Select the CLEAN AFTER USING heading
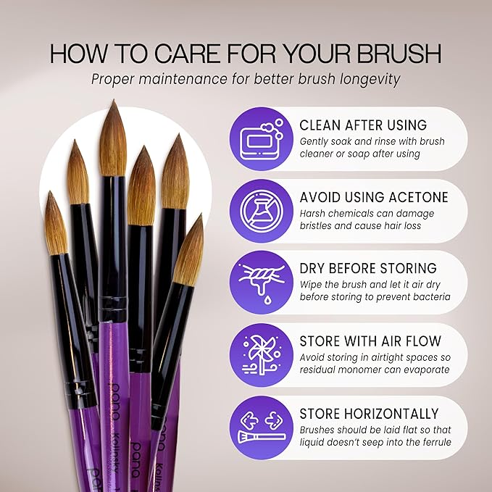click(x=363, y=125)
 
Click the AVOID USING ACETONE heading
click(x=374, y=197)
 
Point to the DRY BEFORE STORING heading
click(x=368, y=268)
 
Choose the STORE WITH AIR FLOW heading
click(x=370, y=342)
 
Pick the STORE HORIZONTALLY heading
click(x=369, y=414)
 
